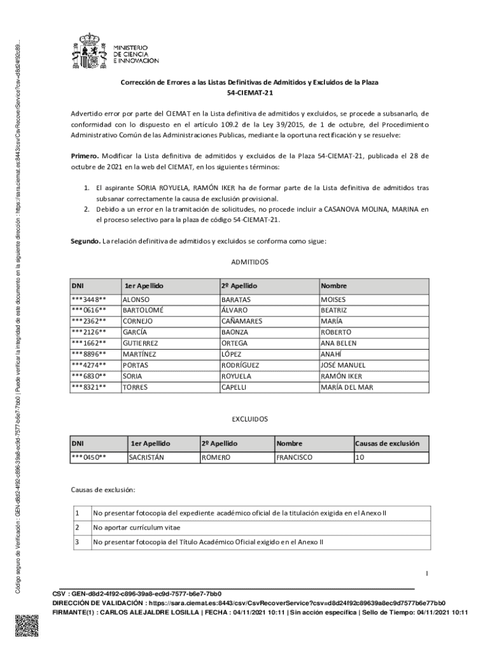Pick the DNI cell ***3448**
[x=88, y=299]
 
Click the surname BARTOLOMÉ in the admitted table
[x=143, y=310]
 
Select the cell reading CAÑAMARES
[x=241, y=321]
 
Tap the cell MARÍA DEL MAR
[x=347, y=387]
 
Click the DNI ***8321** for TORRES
[x=88, y=387]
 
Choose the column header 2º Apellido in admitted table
[x=239, y=286]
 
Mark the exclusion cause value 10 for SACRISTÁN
[x=360, y=457]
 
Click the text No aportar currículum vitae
[x=136, y=528]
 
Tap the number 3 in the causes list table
[x=77, y=542]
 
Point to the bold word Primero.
[x=84, y=156]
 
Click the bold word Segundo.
[x=85, y=240]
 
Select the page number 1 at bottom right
[x=427, y=573]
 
